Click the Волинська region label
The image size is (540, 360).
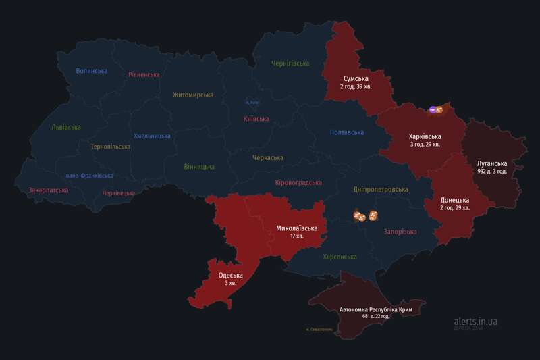pos(92,71)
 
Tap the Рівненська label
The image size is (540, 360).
pos(144,75)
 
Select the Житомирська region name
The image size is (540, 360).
pos(192,95)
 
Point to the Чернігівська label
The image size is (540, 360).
pos(290,63)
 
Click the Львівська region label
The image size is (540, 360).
pos(65,127)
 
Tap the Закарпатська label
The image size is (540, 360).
pos(48,190)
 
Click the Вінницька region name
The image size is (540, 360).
pos(199,167)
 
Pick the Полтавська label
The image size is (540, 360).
pos(347,132)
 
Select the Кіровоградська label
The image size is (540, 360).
pos(298,183)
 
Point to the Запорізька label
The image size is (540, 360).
pos(400,232)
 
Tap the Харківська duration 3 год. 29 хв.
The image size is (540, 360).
pos(425,145)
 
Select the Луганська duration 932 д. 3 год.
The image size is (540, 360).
pos(500,172)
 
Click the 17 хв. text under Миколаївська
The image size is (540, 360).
pos(296,237)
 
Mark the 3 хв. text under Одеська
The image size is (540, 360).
pos(231,284)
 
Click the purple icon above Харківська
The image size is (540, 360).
pos(431,109)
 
